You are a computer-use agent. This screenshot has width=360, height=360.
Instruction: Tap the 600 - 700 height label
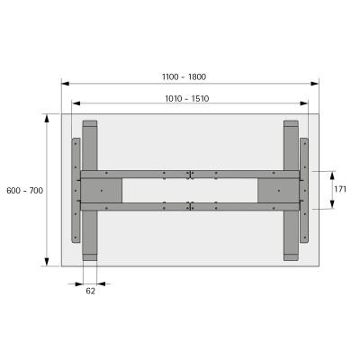tap(24, 191)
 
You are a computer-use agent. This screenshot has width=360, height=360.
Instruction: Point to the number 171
tap(340, 190)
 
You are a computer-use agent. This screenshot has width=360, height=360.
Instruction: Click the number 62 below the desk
tap(90, 292)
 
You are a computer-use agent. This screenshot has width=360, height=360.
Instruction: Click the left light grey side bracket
tap(75, 190)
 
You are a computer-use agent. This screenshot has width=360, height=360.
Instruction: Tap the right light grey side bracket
tap(305, 190)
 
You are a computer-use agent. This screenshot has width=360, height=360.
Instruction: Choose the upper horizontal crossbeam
tap(189, 175)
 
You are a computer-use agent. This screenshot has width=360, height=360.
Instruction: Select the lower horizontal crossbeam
tap(189, 206)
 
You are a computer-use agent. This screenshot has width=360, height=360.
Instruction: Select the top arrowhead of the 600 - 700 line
tap(46, 116)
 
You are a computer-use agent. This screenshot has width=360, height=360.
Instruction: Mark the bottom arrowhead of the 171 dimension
tap(331, 207)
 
